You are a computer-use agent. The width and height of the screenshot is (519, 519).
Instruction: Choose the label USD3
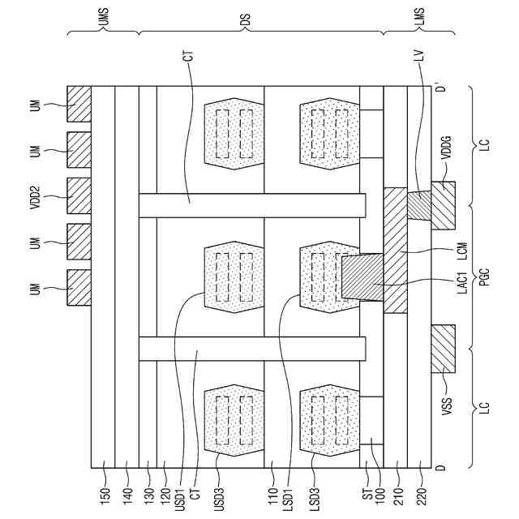221,492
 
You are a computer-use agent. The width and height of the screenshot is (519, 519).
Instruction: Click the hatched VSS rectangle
443,348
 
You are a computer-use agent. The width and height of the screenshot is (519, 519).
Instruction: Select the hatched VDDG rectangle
443,205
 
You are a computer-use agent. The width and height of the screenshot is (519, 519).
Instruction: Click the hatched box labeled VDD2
79,199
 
